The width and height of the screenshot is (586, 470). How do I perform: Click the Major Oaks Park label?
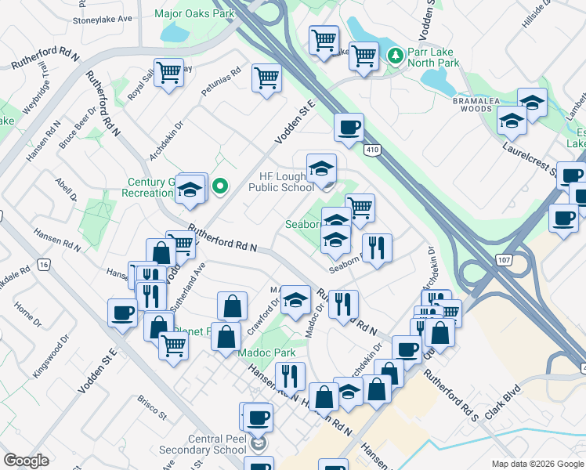[x=194, y=13]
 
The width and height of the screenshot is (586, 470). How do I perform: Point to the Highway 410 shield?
[x=374, y=150]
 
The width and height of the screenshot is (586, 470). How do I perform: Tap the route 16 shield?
[x=44, y=266]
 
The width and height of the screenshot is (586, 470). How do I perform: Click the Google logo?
[x=27, y=460]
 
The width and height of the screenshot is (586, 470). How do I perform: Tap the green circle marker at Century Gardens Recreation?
[x=221, y=186]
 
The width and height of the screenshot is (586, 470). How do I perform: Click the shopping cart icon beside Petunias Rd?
[x=266, y=78]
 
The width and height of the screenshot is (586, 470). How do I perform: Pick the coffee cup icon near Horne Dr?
[x=122, y=313]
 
